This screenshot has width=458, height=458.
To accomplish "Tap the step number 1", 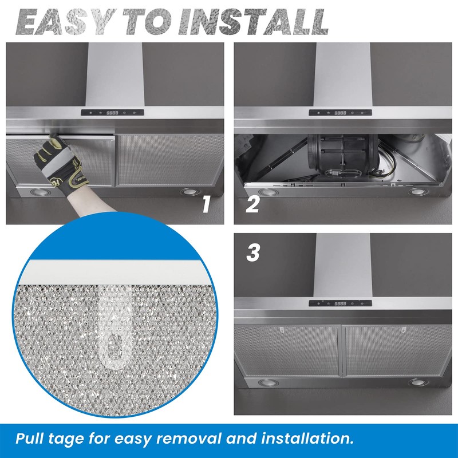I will click(207, 205).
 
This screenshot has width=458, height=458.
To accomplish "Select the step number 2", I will click(252, 205).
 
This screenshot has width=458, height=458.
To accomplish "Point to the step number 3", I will click(252, 252).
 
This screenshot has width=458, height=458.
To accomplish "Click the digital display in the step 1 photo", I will click(112, 113).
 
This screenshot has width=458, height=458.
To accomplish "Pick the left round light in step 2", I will click(266, 191).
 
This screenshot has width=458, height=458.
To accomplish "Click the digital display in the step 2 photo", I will click(340, 112).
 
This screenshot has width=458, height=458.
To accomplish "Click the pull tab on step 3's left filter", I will click(282, 330).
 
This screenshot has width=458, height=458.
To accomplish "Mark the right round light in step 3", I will click(415, 382).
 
